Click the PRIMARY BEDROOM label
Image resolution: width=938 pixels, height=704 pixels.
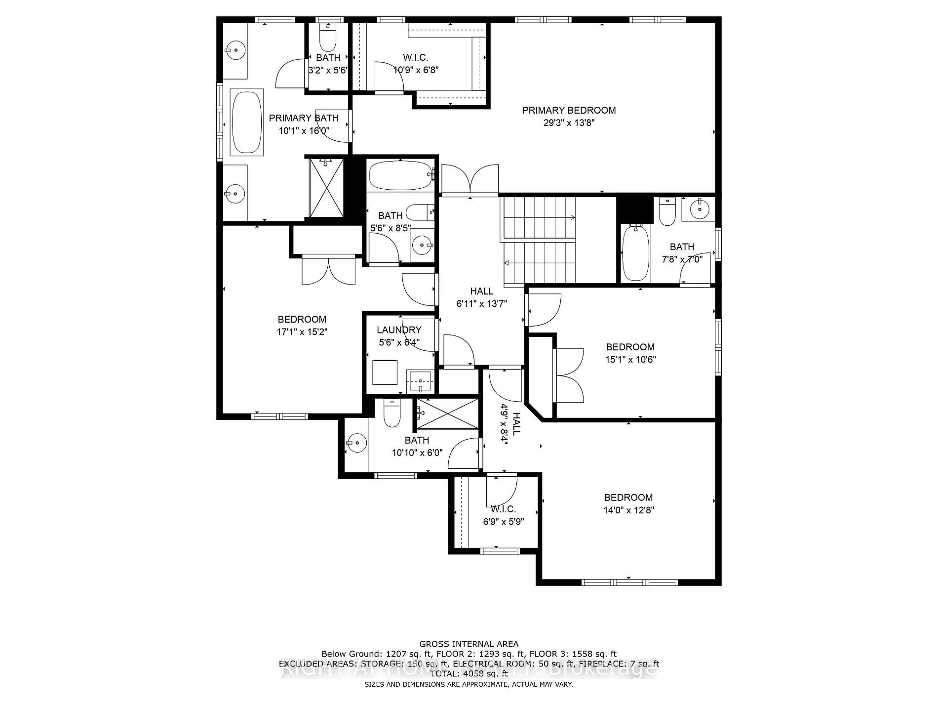pyautogui.click(x=569, y=110)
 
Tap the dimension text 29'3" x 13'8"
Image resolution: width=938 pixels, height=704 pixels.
pyautogui.click(x=569, y=123)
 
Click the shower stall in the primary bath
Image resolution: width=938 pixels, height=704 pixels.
pyautogui.click(x=326, y=187)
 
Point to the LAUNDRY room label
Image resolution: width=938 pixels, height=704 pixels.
pyautogui.click(x=399, y=330)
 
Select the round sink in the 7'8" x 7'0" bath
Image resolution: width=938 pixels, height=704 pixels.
pyautogui.click(x=700, y=208)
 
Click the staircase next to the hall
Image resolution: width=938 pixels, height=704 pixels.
pyautogui.click(x=540, y=241)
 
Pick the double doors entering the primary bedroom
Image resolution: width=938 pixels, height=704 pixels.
pyautogui.click(x=470, y=180)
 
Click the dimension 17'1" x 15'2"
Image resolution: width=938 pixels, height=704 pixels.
pyautogui.click(x=302, y=332)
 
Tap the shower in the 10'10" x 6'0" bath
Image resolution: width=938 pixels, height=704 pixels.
pyautogui.click(x=447, y=414)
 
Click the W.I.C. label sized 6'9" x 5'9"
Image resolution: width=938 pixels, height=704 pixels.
pyautogui.click(x=503, y=509)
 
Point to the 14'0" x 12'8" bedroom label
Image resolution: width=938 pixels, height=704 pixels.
pyautogui.click(x=628, y=497)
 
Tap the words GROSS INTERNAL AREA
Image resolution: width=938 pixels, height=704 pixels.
pyautogui.click(x=469, y=644)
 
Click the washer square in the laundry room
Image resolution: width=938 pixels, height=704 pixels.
pyautogui.click(x=385, y=373)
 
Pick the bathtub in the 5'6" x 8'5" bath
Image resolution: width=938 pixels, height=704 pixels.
pyautogui.click(x=400, y=176)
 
